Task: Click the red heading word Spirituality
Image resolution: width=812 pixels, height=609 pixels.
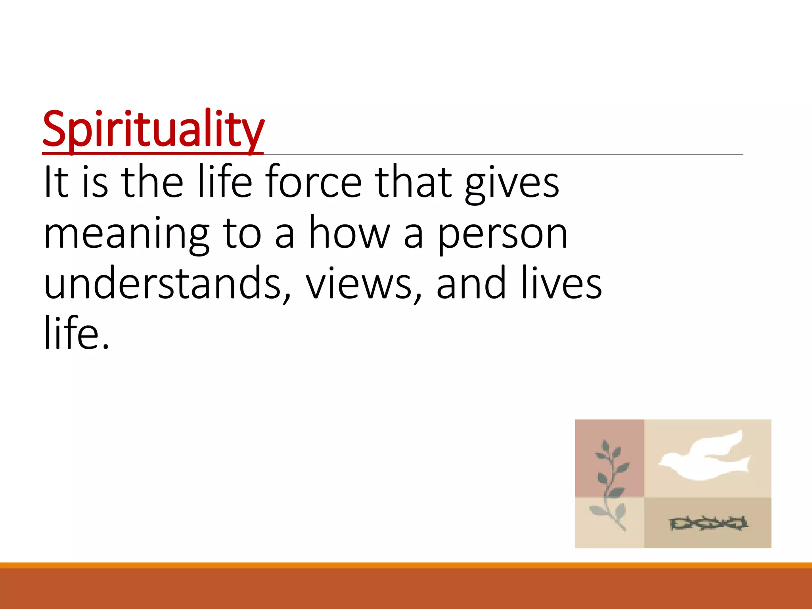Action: coord(153,129)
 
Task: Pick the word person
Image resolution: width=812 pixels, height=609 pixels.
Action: coord(503,235)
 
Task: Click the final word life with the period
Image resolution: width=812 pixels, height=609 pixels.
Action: coord(76,333)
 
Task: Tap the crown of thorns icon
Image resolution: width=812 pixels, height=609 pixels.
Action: coord(708,523)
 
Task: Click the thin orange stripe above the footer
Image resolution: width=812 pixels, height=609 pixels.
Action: coord(406,565)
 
